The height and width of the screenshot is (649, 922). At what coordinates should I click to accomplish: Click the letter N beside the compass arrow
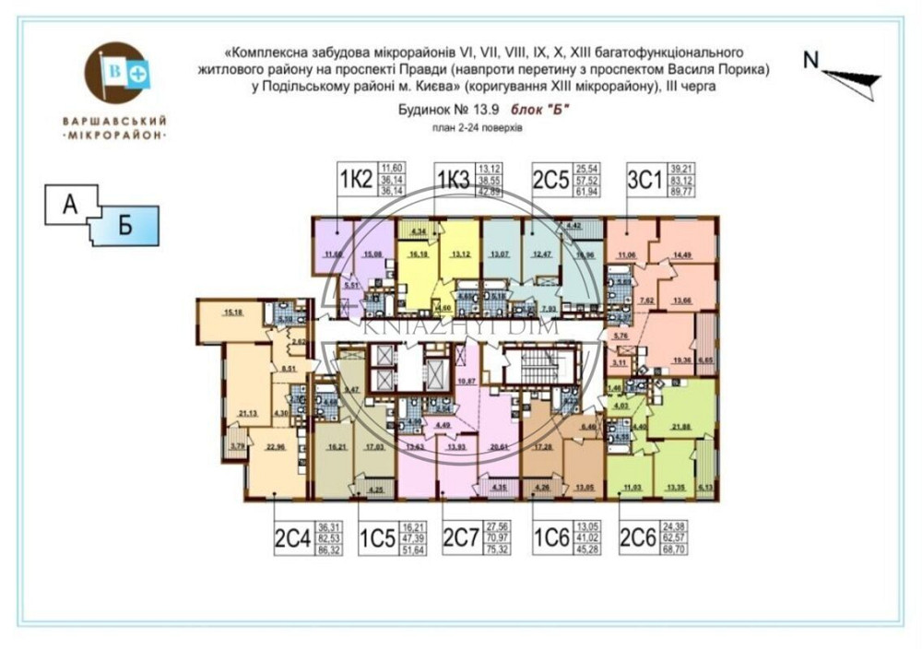[x=810, y=60]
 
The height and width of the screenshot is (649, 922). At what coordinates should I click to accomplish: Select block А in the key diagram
[x=69, y=205]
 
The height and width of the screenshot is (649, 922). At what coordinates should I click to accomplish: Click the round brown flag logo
[x=115, y=73]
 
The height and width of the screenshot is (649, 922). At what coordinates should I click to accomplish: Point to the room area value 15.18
[x=232, y=313]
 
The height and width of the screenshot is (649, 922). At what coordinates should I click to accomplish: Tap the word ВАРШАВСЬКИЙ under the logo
[x=114, y=120]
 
